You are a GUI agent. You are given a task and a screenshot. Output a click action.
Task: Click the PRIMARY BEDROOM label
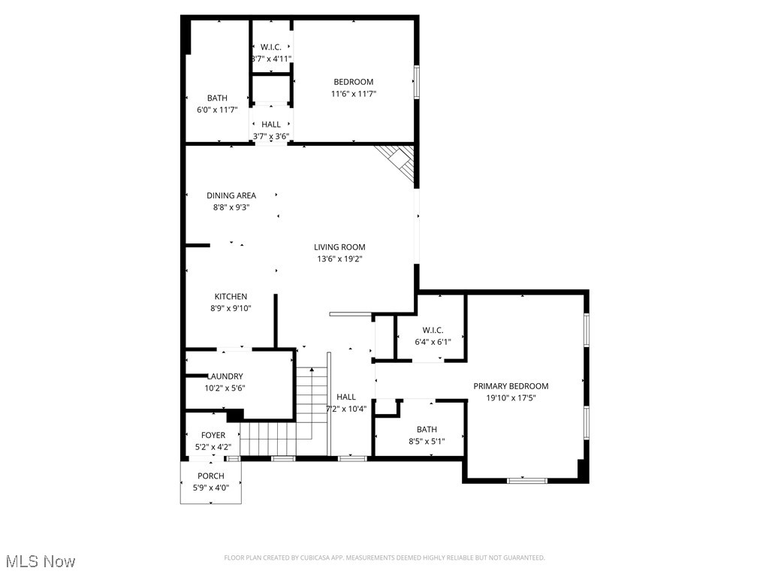[511, 386]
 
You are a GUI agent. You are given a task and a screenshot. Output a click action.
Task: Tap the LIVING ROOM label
[339, 247]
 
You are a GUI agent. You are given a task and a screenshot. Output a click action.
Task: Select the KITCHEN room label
[231, 297]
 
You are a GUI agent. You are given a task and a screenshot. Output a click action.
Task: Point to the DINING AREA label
[231, 195]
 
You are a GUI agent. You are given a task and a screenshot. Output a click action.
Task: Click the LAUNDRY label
[225, 376]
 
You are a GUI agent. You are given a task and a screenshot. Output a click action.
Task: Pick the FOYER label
[213, 435]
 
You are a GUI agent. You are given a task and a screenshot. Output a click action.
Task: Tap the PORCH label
[211, 476]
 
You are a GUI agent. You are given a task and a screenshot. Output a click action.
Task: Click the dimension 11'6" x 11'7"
[353, 94]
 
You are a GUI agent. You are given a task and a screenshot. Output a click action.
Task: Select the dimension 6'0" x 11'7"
[217, 110]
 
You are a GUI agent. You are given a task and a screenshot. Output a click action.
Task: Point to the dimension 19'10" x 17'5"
[511, 398]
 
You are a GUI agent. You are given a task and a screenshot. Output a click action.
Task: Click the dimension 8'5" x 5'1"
[427, 441]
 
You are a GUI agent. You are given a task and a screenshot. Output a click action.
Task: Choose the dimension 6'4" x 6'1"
[433, 341]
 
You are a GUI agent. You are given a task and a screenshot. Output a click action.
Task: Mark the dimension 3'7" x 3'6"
[271, 136]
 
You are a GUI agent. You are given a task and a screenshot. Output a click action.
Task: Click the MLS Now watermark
[40, 561]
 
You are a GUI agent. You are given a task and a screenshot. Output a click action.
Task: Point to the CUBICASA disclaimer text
[384, 557]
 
